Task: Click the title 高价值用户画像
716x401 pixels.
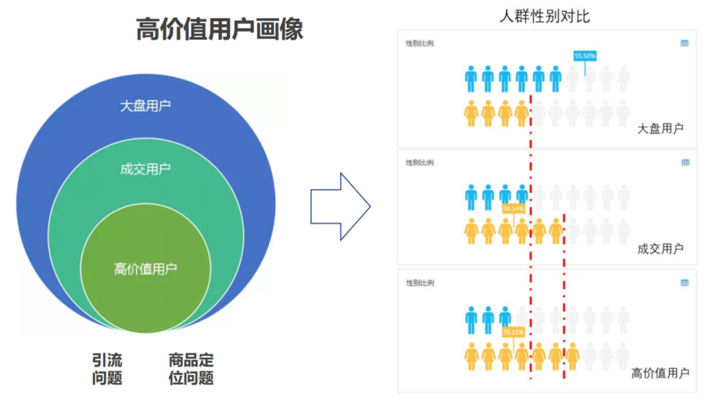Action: (219, 29)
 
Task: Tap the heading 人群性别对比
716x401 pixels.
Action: (544, 17)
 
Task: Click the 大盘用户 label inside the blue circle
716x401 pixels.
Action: (145, 106)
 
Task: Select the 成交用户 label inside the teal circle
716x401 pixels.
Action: (145, 169)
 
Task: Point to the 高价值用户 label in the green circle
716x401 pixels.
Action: (145, 269)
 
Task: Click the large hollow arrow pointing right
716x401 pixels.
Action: (340, 206)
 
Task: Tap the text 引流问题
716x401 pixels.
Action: (107, 369)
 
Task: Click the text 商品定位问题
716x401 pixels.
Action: (191, 369)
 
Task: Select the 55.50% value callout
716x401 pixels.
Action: (585, 56)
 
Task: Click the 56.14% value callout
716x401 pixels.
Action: (514, 208)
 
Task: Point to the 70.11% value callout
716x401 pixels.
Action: (513, 331)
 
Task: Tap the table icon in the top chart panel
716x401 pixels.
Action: (684, 43)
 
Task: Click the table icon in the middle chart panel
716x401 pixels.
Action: (684, 163)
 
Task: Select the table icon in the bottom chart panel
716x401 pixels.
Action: (684, 283)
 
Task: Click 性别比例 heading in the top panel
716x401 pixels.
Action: (420, 44)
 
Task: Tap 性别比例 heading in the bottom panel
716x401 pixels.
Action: (420, 283)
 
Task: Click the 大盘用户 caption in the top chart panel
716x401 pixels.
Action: (660, 129)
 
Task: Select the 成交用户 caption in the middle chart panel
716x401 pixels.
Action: (660, 249)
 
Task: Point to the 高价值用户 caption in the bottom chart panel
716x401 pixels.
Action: (660, 373)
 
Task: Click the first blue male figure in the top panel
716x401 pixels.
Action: (471, 78)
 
